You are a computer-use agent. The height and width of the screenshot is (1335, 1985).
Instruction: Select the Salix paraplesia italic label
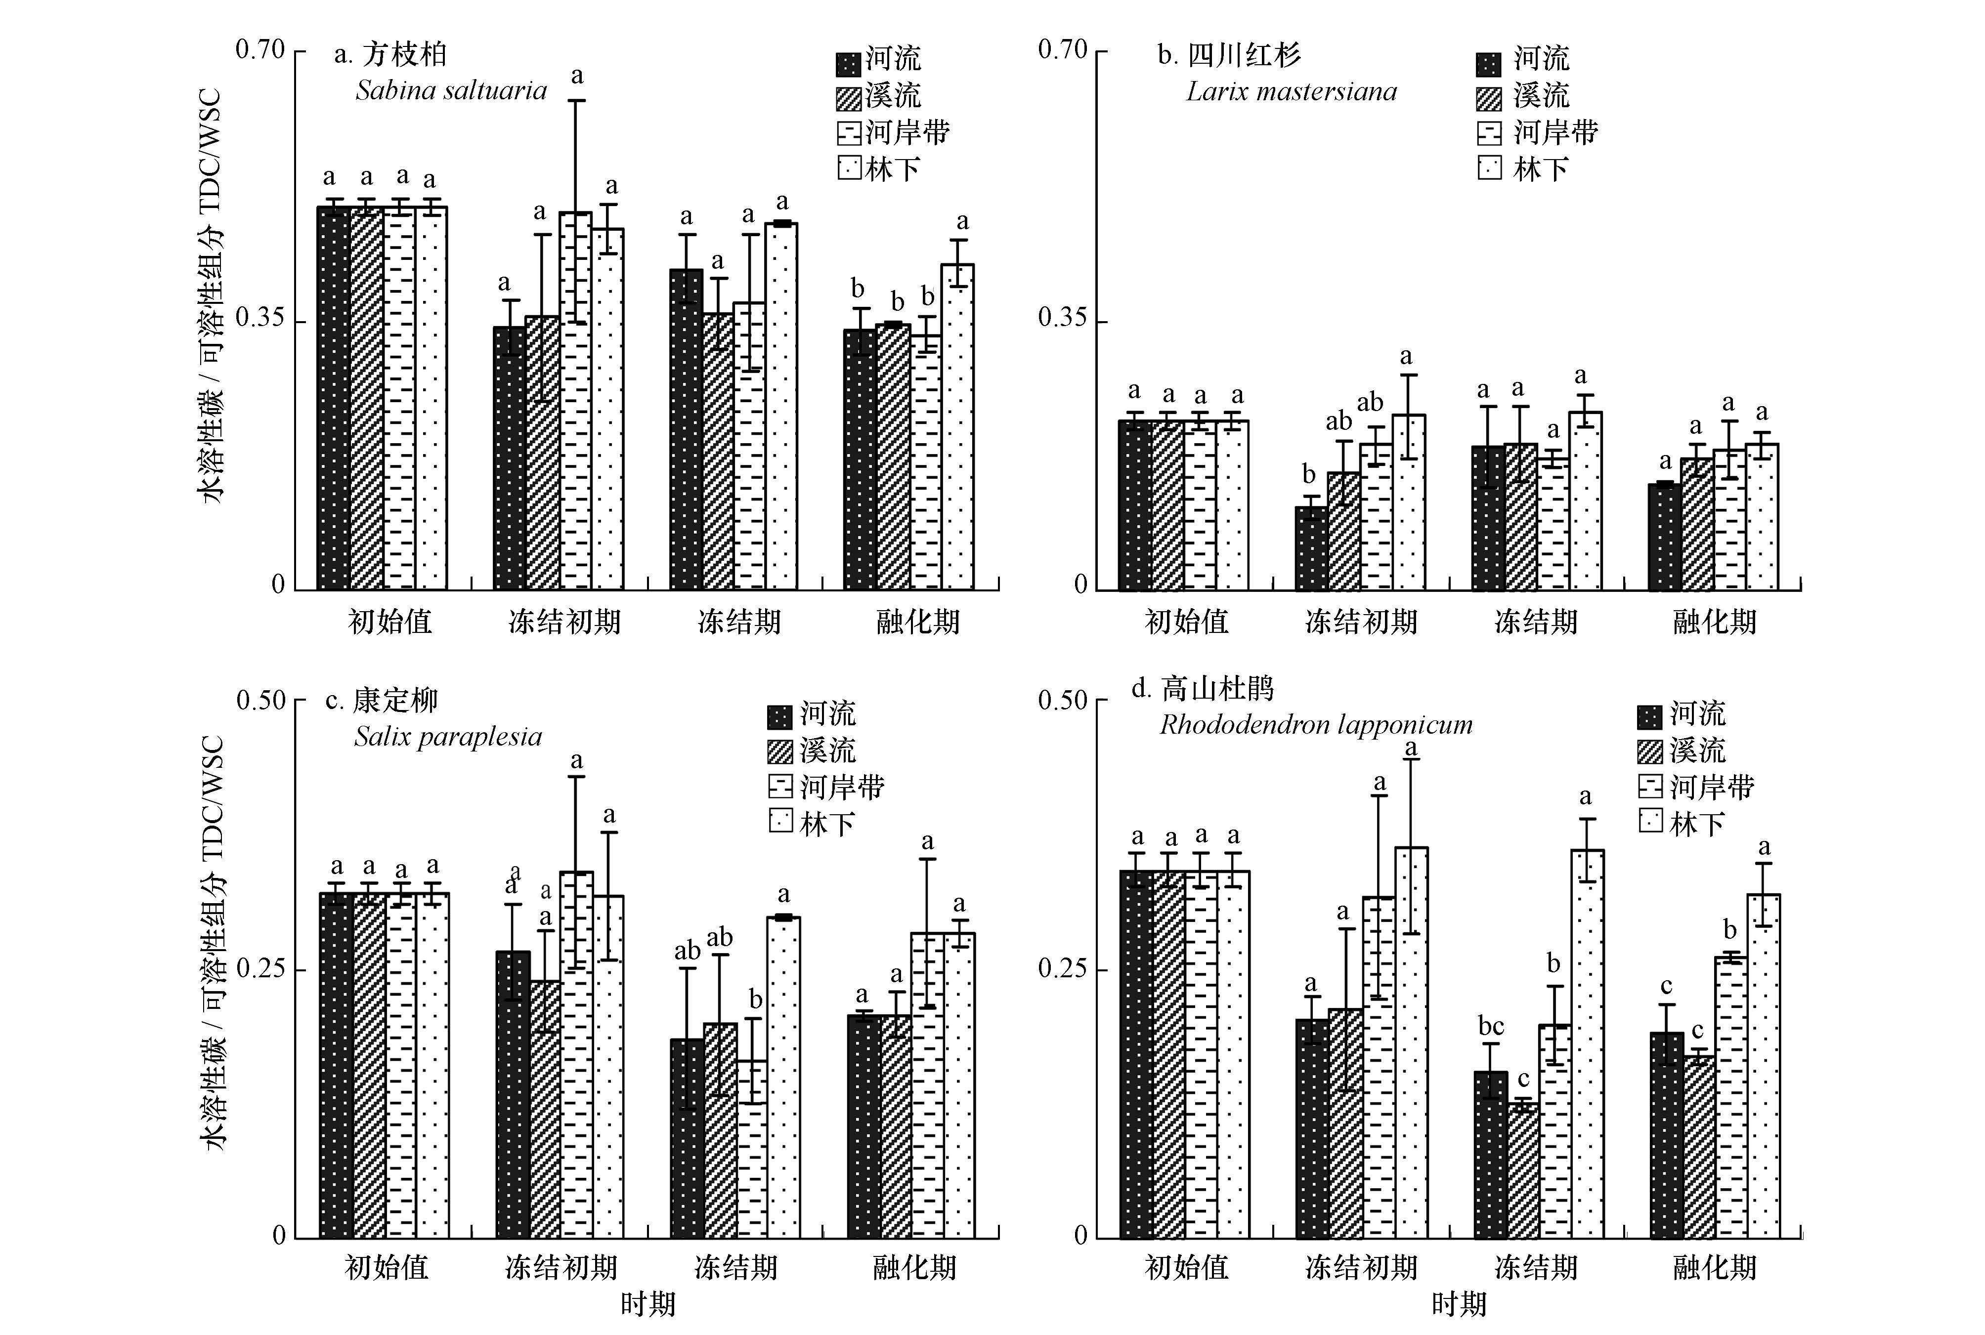click(448, 737)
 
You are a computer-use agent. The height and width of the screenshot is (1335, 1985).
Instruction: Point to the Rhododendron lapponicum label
click(1316, 724)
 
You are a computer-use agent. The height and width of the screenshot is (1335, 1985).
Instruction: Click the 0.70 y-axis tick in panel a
click(259, 49)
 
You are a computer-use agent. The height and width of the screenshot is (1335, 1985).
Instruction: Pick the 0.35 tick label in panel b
click(1062, 318)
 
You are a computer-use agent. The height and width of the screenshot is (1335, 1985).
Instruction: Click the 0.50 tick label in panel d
click(1062, 701)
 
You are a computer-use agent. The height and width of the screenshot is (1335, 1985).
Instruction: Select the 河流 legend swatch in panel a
click(848, 64)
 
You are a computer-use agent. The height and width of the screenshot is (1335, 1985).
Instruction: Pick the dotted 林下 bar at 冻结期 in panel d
click(1587, 1043)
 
